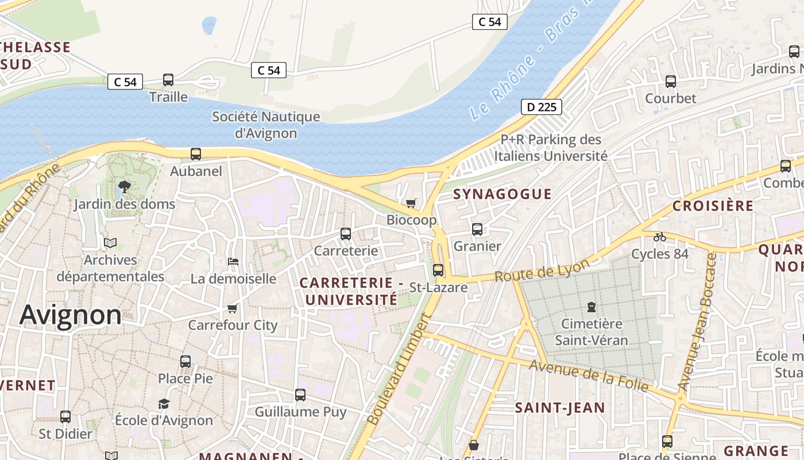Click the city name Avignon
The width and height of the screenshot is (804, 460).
point(71,315)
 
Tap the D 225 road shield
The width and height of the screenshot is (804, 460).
point(541,107)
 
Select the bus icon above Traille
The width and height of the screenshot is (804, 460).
point(168,80)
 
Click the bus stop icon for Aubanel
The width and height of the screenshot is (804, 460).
point(196,154)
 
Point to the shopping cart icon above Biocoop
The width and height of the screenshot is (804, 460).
point(411,203)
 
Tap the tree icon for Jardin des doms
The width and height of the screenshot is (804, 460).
point(124,186)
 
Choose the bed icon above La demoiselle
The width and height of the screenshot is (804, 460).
point(233,262)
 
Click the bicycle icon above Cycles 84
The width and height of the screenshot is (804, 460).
point(660,236)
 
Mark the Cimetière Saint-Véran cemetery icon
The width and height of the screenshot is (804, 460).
point(592,307)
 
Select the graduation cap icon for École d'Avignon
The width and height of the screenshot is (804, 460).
point(164,404)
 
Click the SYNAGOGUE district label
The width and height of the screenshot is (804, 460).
point(502,194)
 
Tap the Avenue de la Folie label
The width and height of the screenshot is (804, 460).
point(589,375)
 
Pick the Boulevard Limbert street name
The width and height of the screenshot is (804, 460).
point(398,369)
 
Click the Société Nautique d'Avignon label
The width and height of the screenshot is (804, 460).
point(266,125)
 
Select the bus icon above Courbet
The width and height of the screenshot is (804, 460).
point(670,82)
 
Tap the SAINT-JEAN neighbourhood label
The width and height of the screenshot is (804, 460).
point(559,408)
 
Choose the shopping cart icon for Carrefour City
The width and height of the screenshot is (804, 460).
point(233,308)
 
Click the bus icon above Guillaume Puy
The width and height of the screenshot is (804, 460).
point(300,395)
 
